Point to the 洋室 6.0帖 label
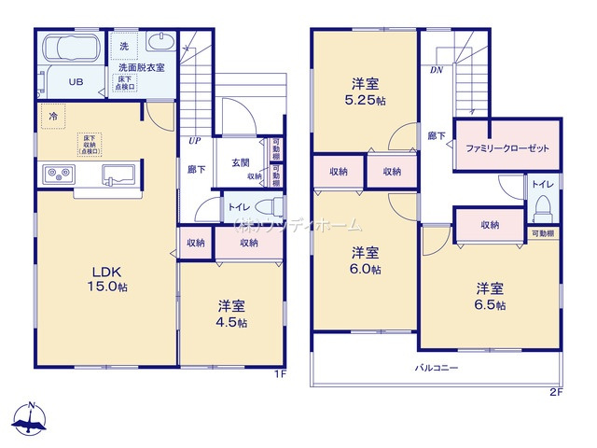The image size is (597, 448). click(365, 260)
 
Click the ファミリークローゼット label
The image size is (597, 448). click(506, 148)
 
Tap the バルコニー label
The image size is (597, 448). click(436, 368)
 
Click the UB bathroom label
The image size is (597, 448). click(76, 81)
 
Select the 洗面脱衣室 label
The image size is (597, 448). click(141, 67)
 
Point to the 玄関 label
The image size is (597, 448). click(240, 163)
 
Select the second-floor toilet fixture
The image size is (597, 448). click(543, 204)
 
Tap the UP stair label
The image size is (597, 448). click(194, 141)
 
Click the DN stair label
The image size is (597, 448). click(436, 70)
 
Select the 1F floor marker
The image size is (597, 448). click(279, 374)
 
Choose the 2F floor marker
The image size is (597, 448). click(555, 392)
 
